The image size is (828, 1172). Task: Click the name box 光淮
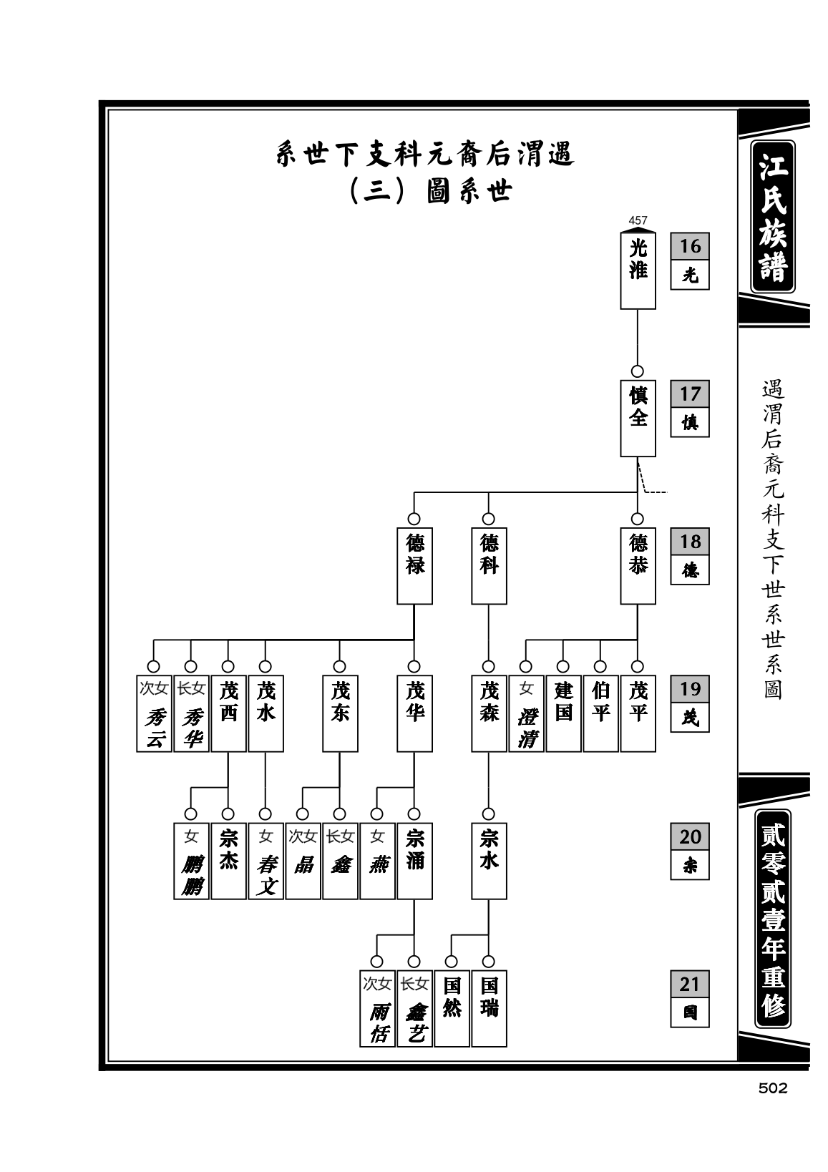tap(638, 270)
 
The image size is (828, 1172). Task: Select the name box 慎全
tap(638, 418)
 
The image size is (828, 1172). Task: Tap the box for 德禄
tap(414, 565)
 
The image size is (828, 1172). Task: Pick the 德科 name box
tap(489, 565)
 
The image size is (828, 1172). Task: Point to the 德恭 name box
tap(638, 565)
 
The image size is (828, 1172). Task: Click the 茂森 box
tap(489, 713)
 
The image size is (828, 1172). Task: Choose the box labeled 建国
tap(563, 713)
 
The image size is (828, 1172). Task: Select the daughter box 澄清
tap(526, 713)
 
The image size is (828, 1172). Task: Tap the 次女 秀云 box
tap(154, 713)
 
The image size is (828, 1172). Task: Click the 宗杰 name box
tap(228, 861)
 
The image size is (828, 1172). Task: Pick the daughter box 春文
tap(266, 861)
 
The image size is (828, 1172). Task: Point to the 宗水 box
tap(489, 861)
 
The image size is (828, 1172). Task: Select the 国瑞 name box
tap(489, 1009)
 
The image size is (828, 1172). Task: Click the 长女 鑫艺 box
tap(414, 1009)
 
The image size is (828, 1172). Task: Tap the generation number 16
tap(690, 246)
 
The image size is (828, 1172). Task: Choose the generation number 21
tap(690, 984)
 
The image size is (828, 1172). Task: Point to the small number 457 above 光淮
tap(638, 221)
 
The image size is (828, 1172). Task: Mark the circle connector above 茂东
tap(340, 667)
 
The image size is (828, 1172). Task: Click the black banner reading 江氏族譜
tap(773, 217)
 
